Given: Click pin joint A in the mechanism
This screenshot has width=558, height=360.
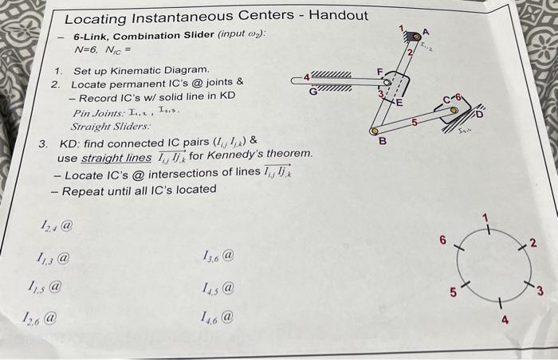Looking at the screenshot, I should (x=415, y=37).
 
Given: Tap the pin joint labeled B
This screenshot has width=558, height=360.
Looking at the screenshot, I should (x=375, y=130).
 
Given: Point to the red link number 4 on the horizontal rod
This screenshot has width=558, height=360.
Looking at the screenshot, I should (x=306, y=76).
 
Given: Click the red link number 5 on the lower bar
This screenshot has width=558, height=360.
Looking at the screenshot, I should (x=415, y=122).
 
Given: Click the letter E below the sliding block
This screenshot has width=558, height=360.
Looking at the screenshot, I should (x=400, y=103).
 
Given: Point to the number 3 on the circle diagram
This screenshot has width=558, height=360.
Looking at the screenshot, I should (x=539, y=289).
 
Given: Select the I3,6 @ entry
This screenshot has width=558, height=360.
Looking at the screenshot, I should (x=218, y=256).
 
